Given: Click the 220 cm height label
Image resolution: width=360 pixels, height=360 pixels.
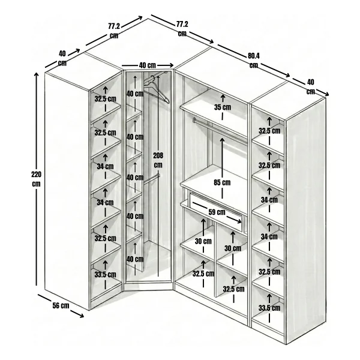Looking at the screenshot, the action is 36,179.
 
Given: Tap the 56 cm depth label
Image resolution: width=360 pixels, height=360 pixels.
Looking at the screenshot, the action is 61,305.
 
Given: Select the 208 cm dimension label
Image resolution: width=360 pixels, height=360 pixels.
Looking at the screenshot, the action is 158,160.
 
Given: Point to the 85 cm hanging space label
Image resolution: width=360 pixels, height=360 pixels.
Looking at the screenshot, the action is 222,182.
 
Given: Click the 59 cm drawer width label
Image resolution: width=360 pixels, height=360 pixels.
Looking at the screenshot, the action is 217,212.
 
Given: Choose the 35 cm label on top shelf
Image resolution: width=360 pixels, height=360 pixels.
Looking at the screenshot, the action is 223,107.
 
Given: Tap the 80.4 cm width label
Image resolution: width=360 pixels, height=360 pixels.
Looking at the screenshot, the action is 254,61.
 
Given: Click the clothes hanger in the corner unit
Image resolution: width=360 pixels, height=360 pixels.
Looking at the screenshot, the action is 157,89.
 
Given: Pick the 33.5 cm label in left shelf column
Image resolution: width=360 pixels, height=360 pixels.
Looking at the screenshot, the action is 106,274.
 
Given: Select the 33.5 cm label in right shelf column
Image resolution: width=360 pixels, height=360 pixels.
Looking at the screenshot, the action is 269,308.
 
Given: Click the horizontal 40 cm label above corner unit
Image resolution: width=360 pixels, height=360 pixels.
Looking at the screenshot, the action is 148,65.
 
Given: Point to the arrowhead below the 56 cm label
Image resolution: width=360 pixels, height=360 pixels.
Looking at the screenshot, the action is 80,315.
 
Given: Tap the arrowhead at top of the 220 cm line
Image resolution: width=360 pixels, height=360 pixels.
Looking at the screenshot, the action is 36,74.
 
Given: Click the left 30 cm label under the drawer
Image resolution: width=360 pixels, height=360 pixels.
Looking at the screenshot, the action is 203,241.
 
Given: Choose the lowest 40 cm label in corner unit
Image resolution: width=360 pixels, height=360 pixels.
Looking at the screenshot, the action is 135,259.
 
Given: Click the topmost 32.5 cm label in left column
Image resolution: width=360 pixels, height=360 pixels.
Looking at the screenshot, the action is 106,99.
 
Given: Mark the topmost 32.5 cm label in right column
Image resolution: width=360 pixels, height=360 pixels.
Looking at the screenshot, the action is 269,131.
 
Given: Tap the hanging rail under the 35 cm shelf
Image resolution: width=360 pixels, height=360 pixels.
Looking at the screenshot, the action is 220,131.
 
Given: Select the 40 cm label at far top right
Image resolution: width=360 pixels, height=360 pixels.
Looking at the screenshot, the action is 311,87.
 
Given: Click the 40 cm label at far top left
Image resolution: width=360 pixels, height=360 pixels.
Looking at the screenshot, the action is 62,58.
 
